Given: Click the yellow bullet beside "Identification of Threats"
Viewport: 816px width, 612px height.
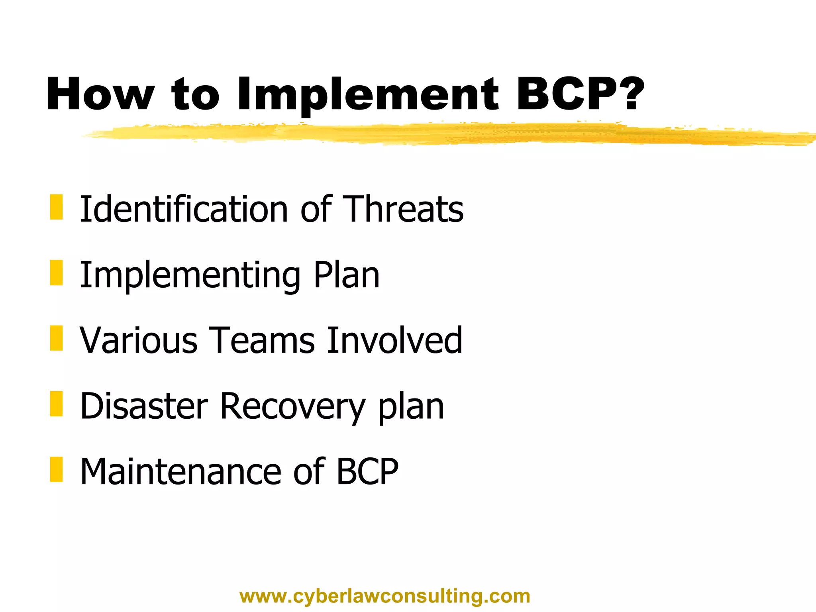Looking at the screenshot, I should click(x=57, y=207).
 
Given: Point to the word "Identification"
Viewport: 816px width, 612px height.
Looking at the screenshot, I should click(x=184, y=209).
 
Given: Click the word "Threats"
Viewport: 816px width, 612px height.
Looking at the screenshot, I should click(x=403, y=209).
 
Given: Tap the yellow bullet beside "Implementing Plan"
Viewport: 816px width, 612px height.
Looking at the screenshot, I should click(x=57, y=273).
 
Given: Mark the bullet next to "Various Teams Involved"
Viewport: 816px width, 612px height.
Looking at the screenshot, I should click(x=57, y=338).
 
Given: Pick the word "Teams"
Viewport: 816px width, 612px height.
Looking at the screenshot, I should click(x=261, y=340).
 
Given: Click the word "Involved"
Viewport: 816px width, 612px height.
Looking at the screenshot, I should click(x=394, y=340).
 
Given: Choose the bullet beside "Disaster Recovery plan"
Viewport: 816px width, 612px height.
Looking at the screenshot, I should click(x=57, y=404).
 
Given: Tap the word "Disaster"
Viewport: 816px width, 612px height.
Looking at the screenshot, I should click(x=144, y=406).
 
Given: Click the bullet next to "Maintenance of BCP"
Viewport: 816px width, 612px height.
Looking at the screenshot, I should click(x=57, y=469).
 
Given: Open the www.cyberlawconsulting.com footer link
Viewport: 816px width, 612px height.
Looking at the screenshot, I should click(x=385, y=596).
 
